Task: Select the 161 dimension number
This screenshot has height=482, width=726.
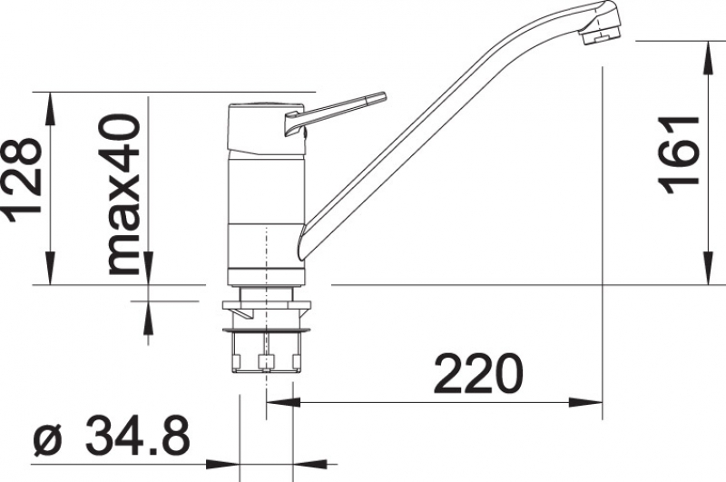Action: (679, 154)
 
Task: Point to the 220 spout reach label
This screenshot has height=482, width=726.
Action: (479, 374)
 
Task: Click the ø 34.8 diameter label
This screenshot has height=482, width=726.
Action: (112, 436)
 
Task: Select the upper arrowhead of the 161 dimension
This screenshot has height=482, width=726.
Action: (709, 57)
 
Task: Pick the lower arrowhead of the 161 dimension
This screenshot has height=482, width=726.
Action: (709, 268)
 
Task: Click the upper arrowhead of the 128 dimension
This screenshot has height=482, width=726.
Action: (50, 109)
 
